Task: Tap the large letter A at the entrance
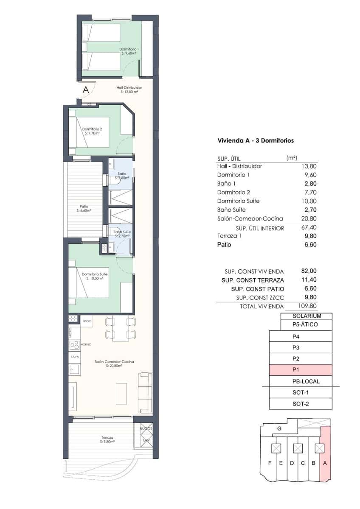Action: (x=86, y=89)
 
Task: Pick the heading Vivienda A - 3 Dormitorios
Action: (x=256, y=140)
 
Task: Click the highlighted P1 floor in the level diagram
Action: (x=301, y=370)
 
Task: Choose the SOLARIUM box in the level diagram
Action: (x=307, y=316)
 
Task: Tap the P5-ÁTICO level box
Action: (x=307, y=325)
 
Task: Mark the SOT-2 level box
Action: (x=301, y=404)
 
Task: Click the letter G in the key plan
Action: (x=279, y=429)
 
